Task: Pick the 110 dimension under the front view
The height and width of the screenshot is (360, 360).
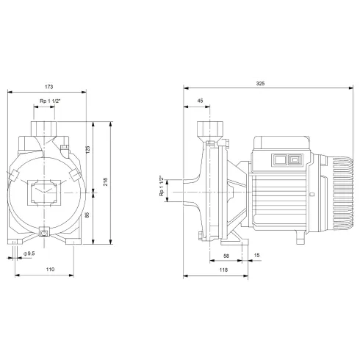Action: click(50, 270)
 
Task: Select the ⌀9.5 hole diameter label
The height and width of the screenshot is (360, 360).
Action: click(29, 253)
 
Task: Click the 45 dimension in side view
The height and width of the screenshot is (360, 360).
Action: click(200, 101)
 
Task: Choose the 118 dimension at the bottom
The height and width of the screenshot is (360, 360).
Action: click(223, 270)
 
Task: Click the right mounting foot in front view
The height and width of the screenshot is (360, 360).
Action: click(71, 240)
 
